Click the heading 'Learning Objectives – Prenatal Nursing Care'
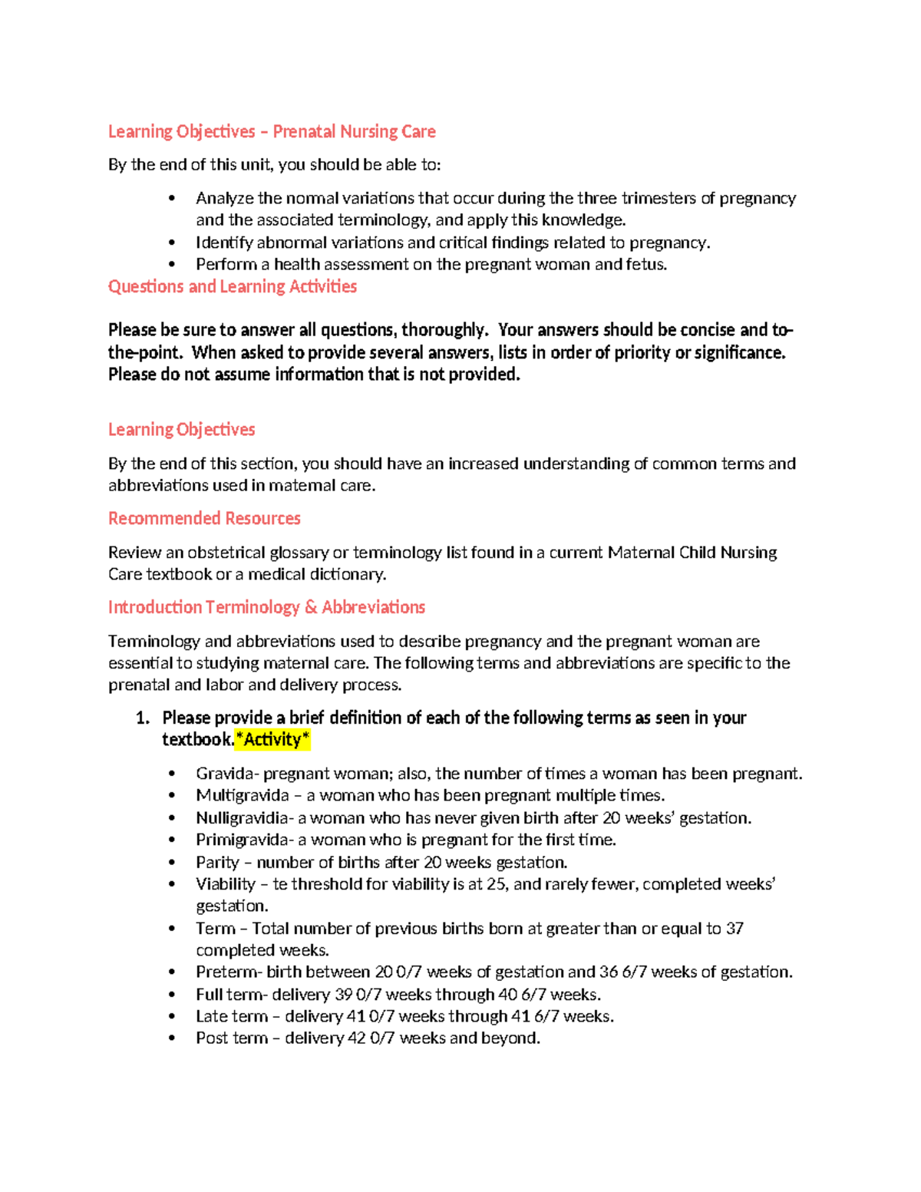click(272, 132)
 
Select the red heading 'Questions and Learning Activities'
click(232, 287)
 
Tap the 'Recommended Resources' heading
click(204, 519)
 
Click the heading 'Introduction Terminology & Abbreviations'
click(266, 608)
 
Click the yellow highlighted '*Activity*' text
click(273, 740)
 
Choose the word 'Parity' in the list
click(218, 863)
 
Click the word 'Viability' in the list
click(226, 884)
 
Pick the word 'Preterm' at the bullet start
click(228, 972)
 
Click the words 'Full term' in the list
click(229, 995)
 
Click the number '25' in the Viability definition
click(496, 884)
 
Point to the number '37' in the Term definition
click(734, 929)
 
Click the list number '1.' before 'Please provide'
click(142, 718)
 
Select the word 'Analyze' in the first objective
click(225, 199)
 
